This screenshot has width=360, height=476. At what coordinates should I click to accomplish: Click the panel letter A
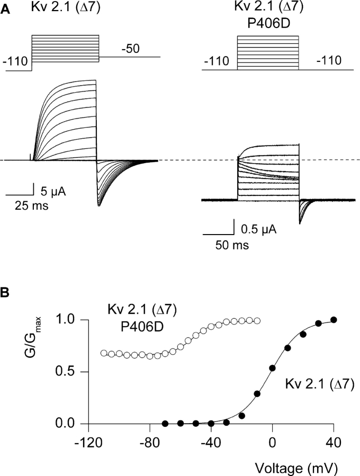click(5, 10)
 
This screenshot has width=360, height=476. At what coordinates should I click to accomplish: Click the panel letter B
click(4, 293)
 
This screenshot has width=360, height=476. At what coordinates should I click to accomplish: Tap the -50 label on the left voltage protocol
click(130, 49)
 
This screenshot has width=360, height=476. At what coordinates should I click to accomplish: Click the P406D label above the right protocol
click(268, 23)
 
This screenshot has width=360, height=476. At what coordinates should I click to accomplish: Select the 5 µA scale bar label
click(53, 192)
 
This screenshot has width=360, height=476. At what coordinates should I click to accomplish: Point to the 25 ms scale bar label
click(32, 206)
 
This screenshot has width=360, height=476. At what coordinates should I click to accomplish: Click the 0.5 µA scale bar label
click(258, 229)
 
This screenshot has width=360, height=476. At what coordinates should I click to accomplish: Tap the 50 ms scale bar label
click(232, 245)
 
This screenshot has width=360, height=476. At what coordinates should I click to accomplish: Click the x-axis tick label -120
click(88, 443)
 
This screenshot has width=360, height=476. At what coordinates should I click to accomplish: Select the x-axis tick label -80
click(149, 443)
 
